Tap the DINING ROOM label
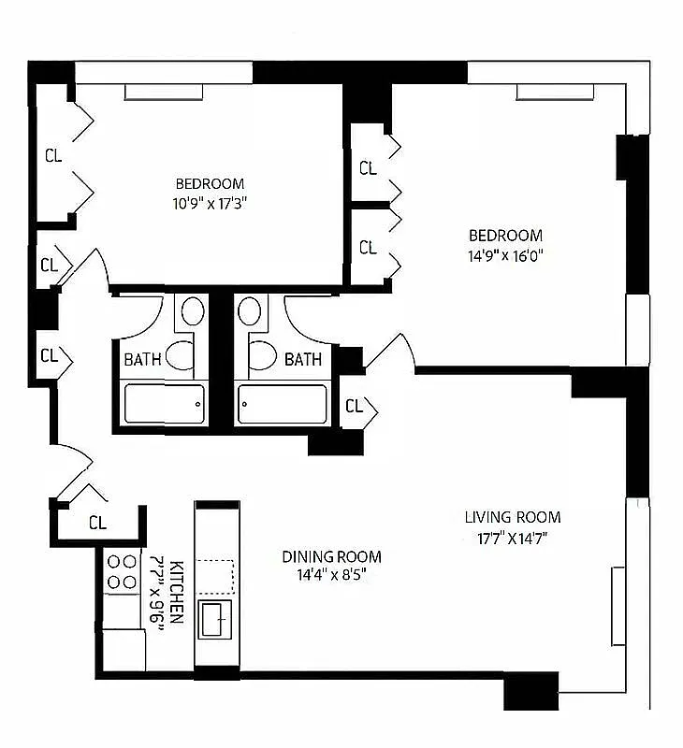332,556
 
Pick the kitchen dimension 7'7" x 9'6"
157,595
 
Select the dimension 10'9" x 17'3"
210,201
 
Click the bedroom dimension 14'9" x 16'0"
505,253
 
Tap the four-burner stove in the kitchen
121,571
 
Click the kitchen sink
216,619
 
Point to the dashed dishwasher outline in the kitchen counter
217,575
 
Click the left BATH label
142,359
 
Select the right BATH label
303,359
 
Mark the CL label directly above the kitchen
97,523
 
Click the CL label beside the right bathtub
354,407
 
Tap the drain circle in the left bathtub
198,404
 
